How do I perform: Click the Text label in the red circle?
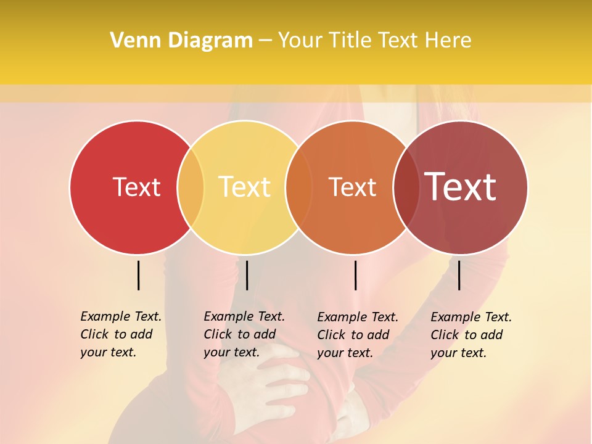coord(136,187)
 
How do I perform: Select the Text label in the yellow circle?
coord(245,187)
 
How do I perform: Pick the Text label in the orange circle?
coord(352,187)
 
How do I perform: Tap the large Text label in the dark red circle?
coord(461,187)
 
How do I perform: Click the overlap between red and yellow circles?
coord(191,187)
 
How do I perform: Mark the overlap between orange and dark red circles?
coord(406,187)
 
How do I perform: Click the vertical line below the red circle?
coord(139,275)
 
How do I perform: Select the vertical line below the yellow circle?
coord(247,275)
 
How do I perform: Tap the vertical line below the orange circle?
coord(356,275)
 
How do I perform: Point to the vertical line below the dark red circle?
coord(459,275)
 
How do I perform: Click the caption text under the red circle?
coord(120,334)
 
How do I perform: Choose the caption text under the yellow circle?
coord(244,334)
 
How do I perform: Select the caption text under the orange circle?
coord(357,335)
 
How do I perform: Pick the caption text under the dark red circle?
coord(471,335)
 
